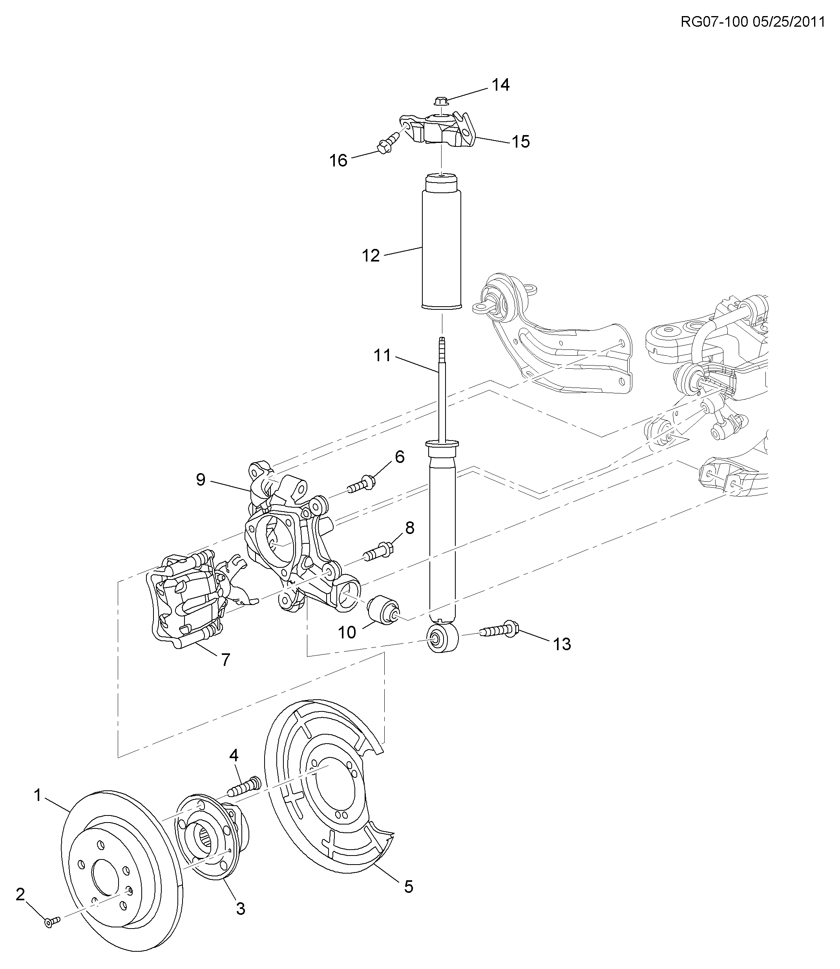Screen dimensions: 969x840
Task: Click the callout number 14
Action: point(500,85)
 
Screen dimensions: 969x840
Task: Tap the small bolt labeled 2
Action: point(51,921)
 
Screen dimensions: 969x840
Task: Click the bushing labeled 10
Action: point(382,611)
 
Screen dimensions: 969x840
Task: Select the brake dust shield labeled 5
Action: point(328,792)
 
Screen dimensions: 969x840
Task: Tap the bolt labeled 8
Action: point(378,550)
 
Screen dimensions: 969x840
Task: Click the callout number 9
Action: point(201,479)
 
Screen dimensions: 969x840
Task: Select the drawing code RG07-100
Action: point(714,22)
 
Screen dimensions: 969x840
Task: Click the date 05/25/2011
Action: point(789,22)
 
